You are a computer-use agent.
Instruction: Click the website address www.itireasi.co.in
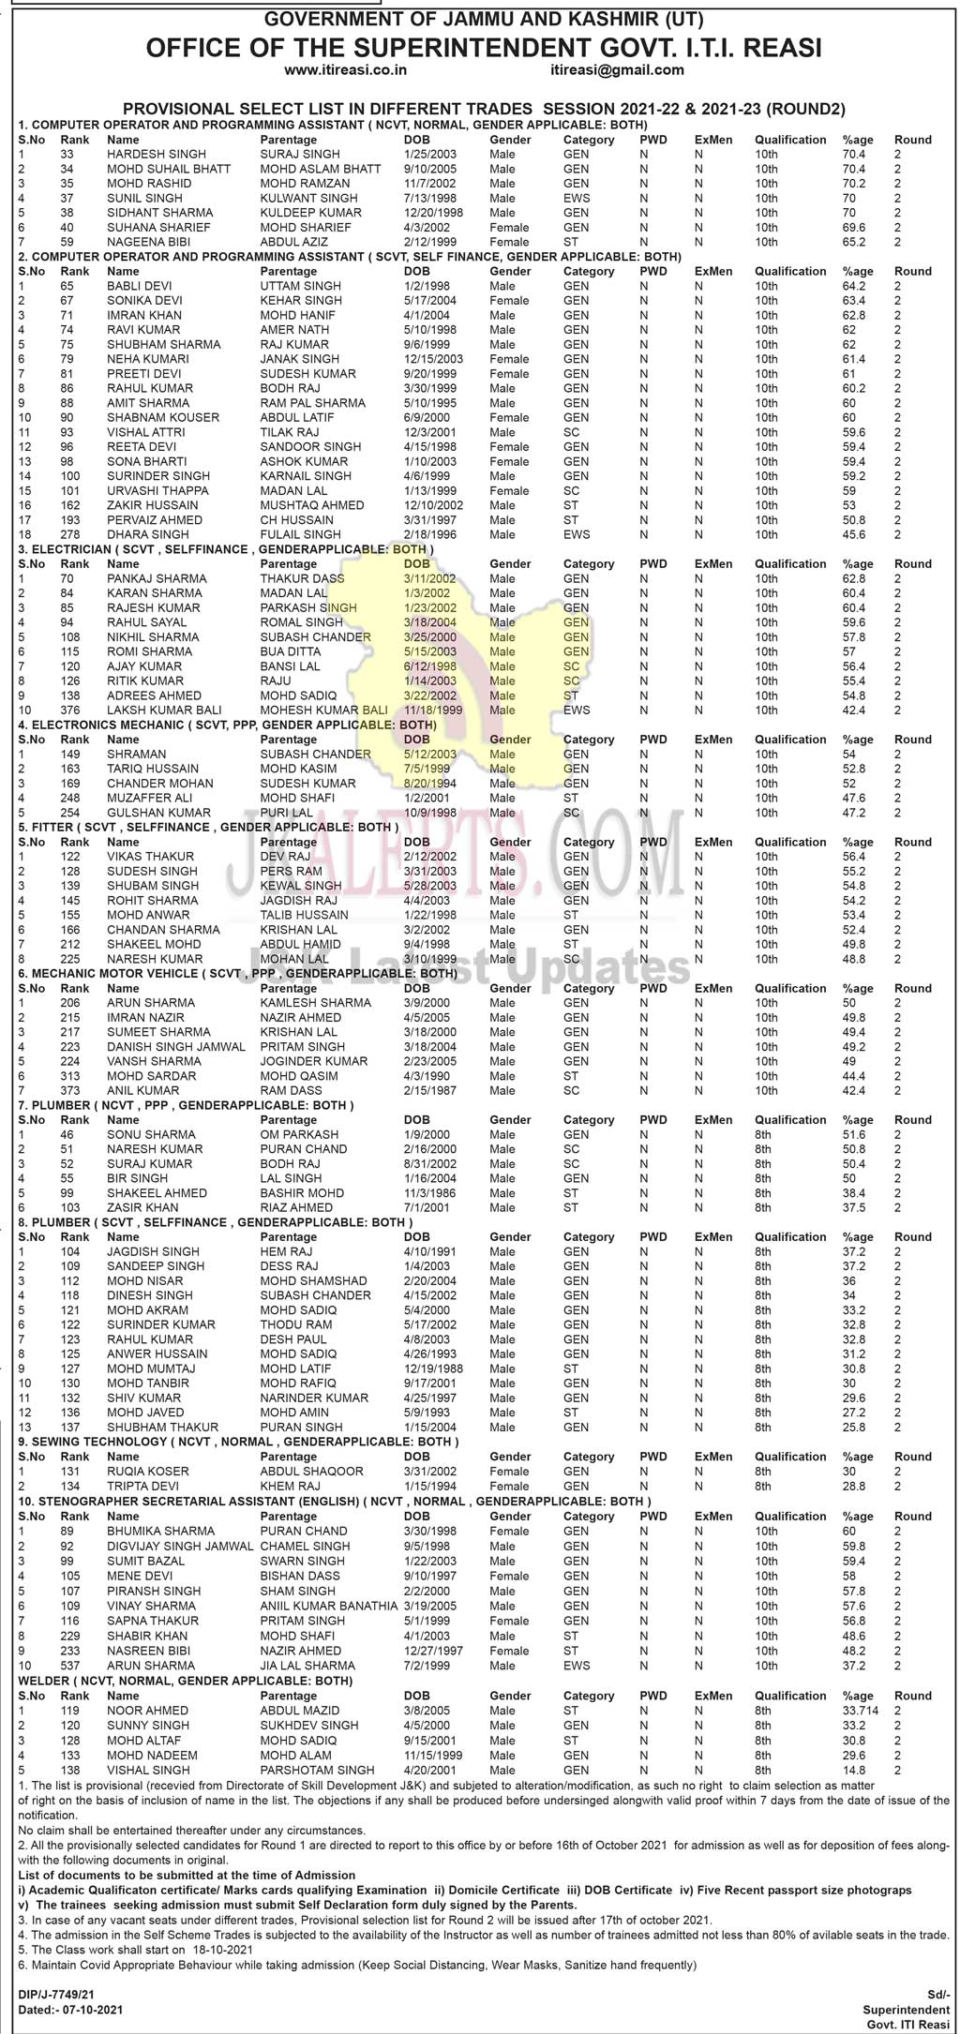click(345, 69)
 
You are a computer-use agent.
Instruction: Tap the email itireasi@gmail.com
click(618, 69)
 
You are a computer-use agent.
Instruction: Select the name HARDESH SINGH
click(143, 154)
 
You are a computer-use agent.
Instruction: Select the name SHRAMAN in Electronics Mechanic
click(136, 754)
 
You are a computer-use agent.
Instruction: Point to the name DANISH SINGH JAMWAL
click(176, 1046)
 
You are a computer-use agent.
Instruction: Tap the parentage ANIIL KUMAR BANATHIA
click(329, 1606)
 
